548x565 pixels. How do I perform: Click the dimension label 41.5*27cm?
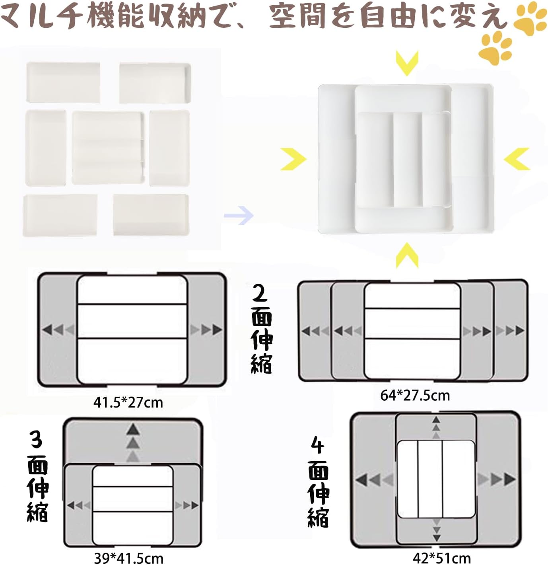click(128, 403)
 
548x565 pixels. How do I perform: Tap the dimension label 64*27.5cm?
click(415, 396)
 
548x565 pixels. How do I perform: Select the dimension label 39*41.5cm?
click(128, 558)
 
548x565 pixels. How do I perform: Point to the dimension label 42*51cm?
click(442, 558)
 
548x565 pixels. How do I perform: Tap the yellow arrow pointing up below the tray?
click(407, 255)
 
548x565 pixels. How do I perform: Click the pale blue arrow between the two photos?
click(239, 215)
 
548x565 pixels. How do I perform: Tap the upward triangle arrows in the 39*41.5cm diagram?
click(133, 443)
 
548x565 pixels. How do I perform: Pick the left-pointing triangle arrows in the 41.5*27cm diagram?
click(58, 329)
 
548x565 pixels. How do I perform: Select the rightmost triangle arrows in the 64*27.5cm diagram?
click(510, 331)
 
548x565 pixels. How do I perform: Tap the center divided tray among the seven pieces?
click(108, 148)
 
